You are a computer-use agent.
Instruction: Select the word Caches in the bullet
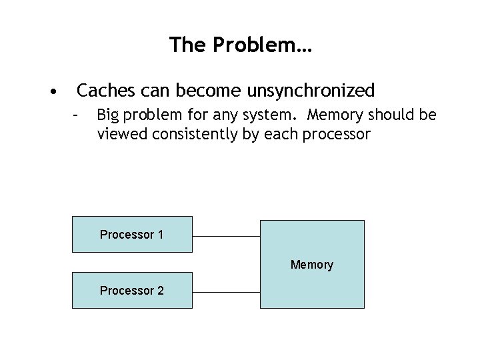coord(103,89)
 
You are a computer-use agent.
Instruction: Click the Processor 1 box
coord(132,234)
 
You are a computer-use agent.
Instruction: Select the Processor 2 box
coord(132,291)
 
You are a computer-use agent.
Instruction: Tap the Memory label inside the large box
coord(311,265)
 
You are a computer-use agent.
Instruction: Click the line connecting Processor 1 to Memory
coord(225,236)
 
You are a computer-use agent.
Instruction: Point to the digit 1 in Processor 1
coord(160,235)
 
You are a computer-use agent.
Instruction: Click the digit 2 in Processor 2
coord(160,291)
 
